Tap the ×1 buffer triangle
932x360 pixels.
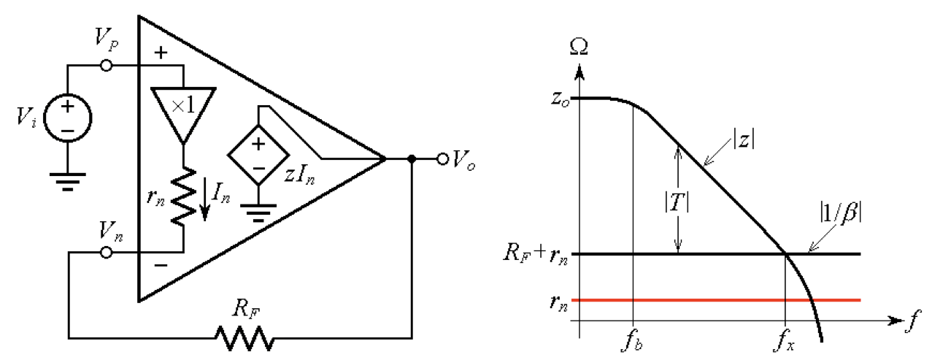click(184, 112)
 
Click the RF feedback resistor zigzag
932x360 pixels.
click(244, 337)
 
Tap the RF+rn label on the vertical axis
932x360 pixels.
click(536, 255)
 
